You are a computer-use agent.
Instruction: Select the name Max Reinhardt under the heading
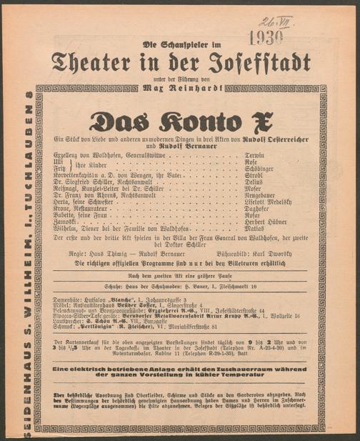(x=181, y=86)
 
